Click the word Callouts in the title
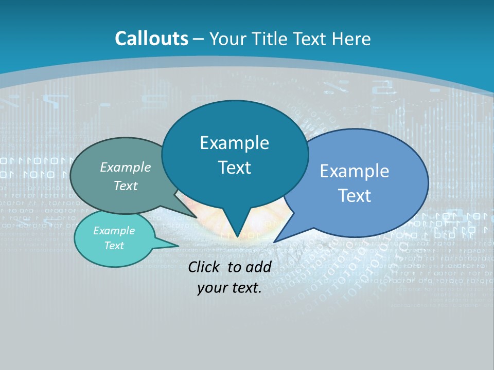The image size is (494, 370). pyautogui.click(x=151, y=39)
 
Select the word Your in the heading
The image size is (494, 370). pyautogui.click(x=227, y=39)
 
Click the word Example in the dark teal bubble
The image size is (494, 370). pyautogui.click(x=234, y=143)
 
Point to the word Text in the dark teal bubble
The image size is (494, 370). pyautogui.click(x=234, y=168)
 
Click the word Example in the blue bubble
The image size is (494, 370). pyautogui.click(x=355, y=171)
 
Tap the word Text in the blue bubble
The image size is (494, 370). pyautogui.click(x=355, y=196)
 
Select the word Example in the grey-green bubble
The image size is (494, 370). pyautogui.click(x=126, y=167)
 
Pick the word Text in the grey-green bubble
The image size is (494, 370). pyautogui.click(x=126, y=186)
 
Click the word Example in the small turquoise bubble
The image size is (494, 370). pyautogui.click(x=114, y=231)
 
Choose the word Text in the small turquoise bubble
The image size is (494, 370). pyautogui.click(x=114, y=246)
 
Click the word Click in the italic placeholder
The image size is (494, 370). pyautogui.click(x=205, y=267)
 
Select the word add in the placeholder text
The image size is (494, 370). pyautogui.click(x=258, y=267)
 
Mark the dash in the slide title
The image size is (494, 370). pyautogui.click(x=199, y=39)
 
